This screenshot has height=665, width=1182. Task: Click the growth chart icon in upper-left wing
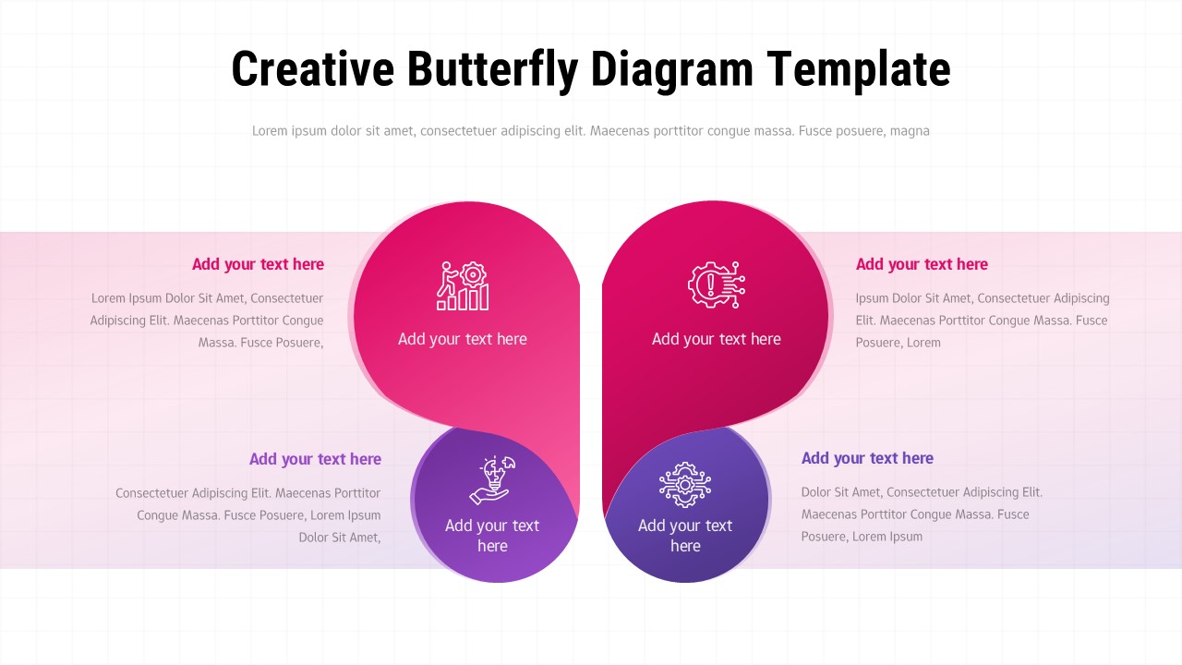(x=463, y=285)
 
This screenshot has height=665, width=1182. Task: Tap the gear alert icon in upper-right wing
(x=717, y=284)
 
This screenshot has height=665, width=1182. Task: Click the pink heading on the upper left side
(x=258, y=264)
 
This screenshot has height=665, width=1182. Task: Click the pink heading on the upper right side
(x=922, y=264)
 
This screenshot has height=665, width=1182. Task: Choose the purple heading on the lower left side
(x=315, y=459)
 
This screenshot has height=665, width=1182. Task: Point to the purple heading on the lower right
(x=867, y=458)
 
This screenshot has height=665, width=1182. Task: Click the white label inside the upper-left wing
(x=463, y=339)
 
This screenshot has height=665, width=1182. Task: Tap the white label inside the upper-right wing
(x=717, y=339)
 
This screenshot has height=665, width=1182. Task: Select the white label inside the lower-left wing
(x=492, y=536)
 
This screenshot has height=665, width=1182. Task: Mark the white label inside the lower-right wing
(x=684, y=536)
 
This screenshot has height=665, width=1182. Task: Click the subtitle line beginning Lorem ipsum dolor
(x=591, y=131)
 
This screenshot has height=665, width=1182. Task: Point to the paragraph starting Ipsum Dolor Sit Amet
(x=982, y=320)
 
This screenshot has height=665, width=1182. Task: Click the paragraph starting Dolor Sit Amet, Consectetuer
(x=921, y=514)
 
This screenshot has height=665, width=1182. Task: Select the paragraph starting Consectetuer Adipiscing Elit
(x=249, y=515)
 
